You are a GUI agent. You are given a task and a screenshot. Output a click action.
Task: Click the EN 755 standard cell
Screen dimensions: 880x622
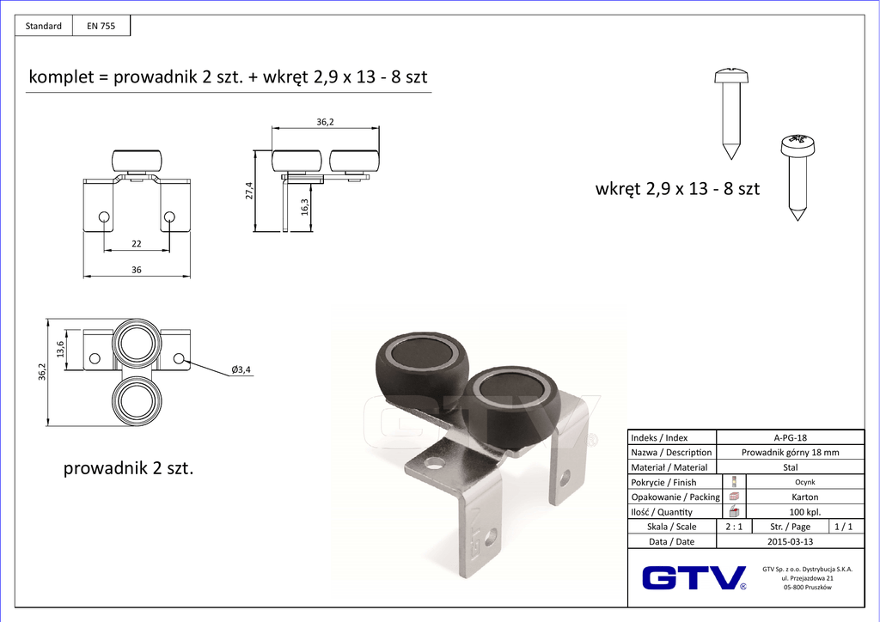101,26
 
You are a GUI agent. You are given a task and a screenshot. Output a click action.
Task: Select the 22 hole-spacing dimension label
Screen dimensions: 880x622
137,244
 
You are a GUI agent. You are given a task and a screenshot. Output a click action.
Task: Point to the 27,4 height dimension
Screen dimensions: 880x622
249,191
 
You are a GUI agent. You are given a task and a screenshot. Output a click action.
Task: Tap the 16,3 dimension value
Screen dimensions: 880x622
305,207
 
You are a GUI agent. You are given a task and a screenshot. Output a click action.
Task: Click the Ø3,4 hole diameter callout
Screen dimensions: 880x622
241,369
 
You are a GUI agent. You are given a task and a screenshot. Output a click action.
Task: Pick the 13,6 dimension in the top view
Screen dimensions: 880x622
60,349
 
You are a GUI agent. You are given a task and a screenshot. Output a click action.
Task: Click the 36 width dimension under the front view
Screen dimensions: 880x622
137,270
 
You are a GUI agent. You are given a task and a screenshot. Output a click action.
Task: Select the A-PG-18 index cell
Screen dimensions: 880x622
791,437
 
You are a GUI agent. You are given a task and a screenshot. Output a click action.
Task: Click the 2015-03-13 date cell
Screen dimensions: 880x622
791,541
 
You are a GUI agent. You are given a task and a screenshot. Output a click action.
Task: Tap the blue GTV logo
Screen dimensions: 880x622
694,577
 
